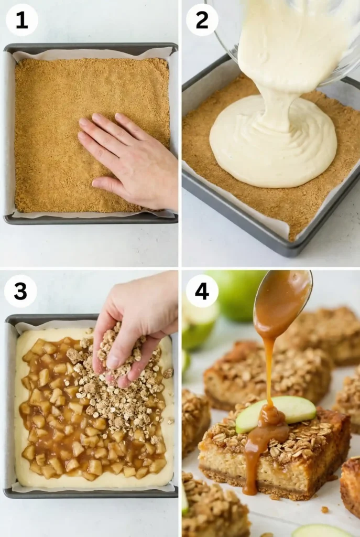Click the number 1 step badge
point(21,20)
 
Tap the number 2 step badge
point(202,20)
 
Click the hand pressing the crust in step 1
point(131,160)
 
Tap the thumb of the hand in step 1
point(107,184)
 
